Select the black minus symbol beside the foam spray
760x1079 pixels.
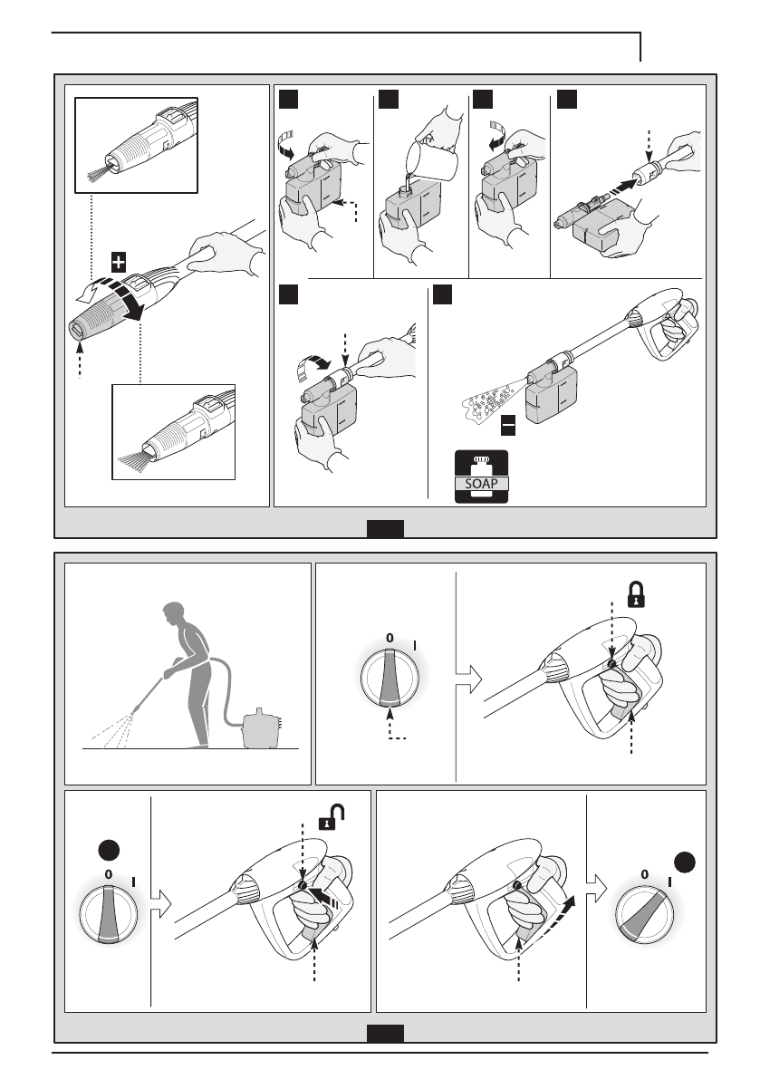(x=508, y=423)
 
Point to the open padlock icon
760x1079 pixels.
(x=325, y=823)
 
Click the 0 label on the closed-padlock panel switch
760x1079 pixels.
(x=390, y=638)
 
